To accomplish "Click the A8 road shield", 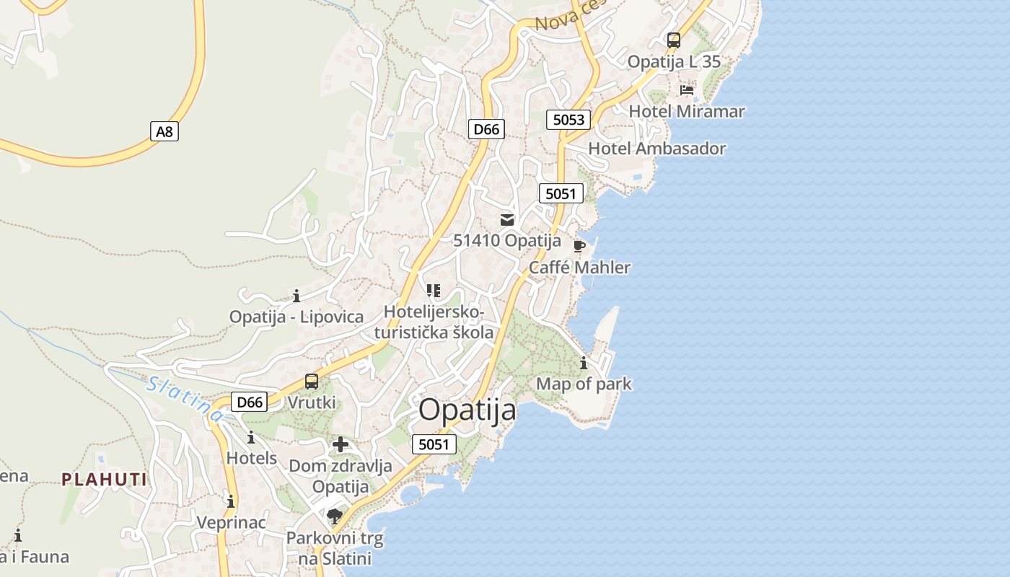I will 164,131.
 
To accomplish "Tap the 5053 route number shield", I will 568,120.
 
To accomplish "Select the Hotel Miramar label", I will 686,111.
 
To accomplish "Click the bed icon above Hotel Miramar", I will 687,90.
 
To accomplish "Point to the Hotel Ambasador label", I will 656,149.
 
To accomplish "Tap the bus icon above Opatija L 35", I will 674,40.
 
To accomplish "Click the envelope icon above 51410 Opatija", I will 507,220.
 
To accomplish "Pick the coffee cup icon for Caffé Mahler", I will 579,246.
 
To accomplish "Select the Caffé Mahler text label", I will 579,268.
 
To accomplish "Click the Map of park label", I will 584,384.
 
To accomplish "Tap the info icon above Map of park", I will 584,363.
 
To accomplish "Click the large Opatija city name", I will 467,410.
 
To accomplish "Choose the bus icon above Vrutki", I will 312,381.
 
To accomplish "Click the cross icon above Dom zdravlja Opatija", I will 341,444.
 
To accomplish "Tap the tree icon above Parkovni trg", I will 334,516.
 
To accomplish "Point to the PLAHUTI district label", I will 104,480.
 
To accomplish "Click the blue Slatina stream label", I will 185,398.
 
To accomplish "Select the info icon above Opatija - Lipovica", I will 296,296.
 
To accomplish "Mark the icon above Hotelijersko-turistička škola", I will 434,291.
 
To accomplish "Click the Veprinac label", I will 232,522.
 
